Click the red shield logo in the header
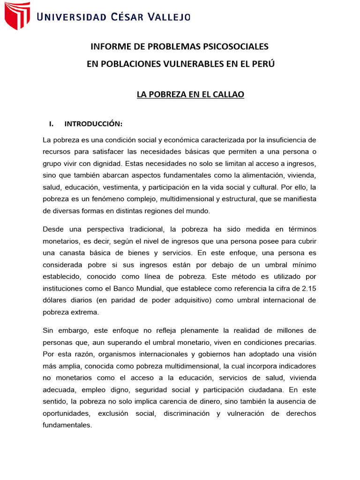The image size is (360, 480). (x=17, y=16)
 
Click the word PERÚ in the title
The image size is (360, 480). (x=264, y=64)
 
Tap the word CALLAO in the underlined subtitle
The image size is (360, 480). (x=228, y=94)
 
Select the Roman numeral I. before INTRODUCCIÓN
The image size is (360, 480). (x=52, y=124)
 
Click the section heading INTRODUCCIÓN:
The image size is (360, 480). (x=93, y=124)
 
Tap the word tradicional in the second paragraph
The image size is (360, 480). (x=141, y=229)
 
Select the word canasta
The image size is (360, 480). (x=72, y=253)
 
